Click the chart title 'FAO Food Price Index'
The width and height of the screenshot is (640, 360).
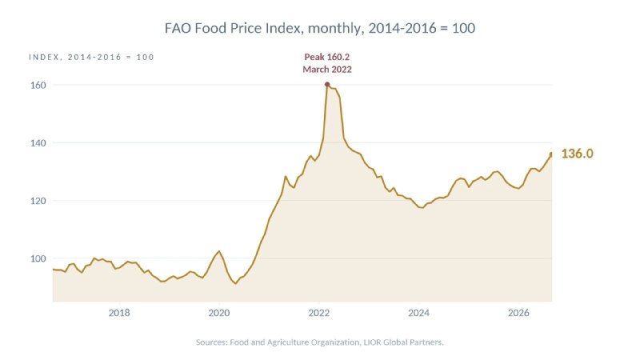(x=234, y=28)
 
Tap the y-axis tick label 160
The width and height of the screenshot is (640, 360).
(x=38, y=86)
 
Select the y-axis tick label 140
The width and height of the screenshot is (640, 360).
(x=38, y=143)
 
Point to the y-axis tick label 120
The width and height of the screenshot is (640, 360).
(x=38, y=201)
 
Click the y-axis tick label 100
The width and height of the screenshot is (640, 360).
(x=38, y=258)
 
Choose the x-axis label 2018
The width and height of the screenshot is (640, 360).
(x=119, y=313)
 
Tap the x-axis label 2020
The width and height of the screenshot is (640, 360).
(x=219, y=313)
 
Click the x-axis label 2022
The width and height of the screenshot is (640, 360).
(x=318, y=313)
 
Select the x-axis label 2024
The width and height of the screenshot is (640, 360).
(x=418, y=313)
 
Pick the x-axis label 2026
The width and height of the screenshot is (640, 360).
(x=518, y=313)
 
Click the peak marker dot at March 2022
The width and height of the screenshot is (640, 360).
(x=327, y=85)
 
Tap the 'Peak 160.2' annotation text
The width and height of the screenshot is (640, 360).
(x=327, y=57)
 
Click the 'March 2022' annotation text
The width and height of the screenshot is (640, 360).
(x=327, y=70)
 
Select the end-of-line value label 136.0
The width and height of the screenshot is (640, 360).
(x=577, y=154)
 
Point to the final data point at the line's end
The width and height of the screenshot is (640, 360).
(x=551, y=154)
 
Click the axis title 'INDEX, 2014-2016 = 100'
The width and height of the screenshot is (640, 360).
(x=91, y=58)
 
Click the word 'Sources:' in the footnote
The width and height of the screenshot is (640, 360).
(x=211, y=342)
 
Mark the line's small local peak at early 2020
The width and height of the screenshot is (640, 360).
(x=219, y=251)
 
